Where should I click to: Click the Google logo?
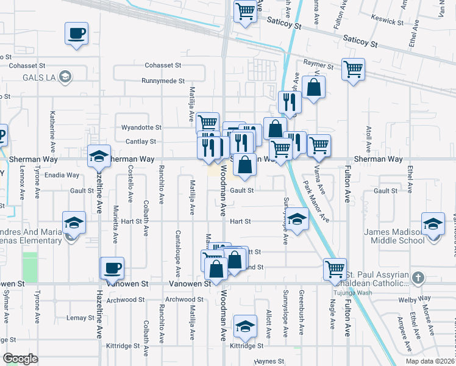pyautogui.click(x=21, y=358)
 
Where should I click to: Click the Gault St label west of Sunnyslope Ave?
pyautogui.click(x=241, y=190)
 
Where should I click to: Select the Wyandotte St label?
pyautogui.click(x=141, y=127)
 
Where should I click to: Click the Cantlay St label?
pyautogui.click(x=144, y=142)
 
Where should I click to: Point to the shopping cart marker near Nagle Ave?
pyautogui.click(x=335, y=269)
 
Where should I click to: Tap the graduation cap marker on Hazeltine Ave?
pyautogui.click(x=99, y=157)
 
